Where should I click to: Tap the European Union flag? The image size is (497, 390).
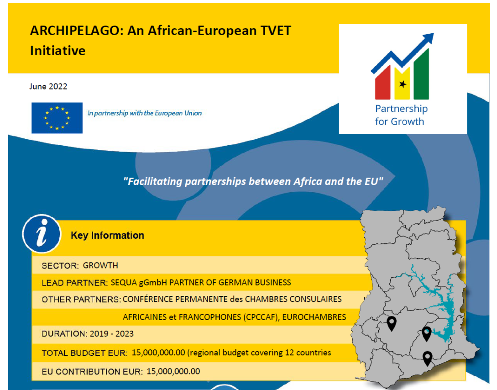coord(57,118)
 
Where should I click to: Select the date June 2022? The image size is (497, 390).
coord(48,86)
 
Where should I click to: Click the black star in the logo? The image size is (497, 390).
coord(403,84)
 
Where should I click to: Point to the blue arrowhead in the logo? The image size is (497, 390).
coord(428,39)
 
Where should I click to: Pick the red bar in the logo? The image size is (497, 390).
coord(382,82)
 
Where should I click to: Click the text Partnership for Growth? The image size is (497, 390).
coord(401,115)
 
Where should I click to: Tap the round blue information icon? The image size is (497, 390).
coord(42,234)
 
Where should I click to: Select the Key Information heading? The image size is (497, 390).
coord(107,236)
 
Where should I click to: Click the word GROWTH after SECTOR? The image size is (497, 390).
coord(100,265)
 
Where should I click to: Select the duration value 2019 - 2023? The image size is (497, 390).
coord(111,334)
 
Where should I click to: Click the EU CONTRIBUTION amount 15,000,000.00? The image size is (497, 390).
coord(173,371)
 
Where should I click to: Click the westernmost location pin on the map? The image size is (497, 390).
coord(391,323)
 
